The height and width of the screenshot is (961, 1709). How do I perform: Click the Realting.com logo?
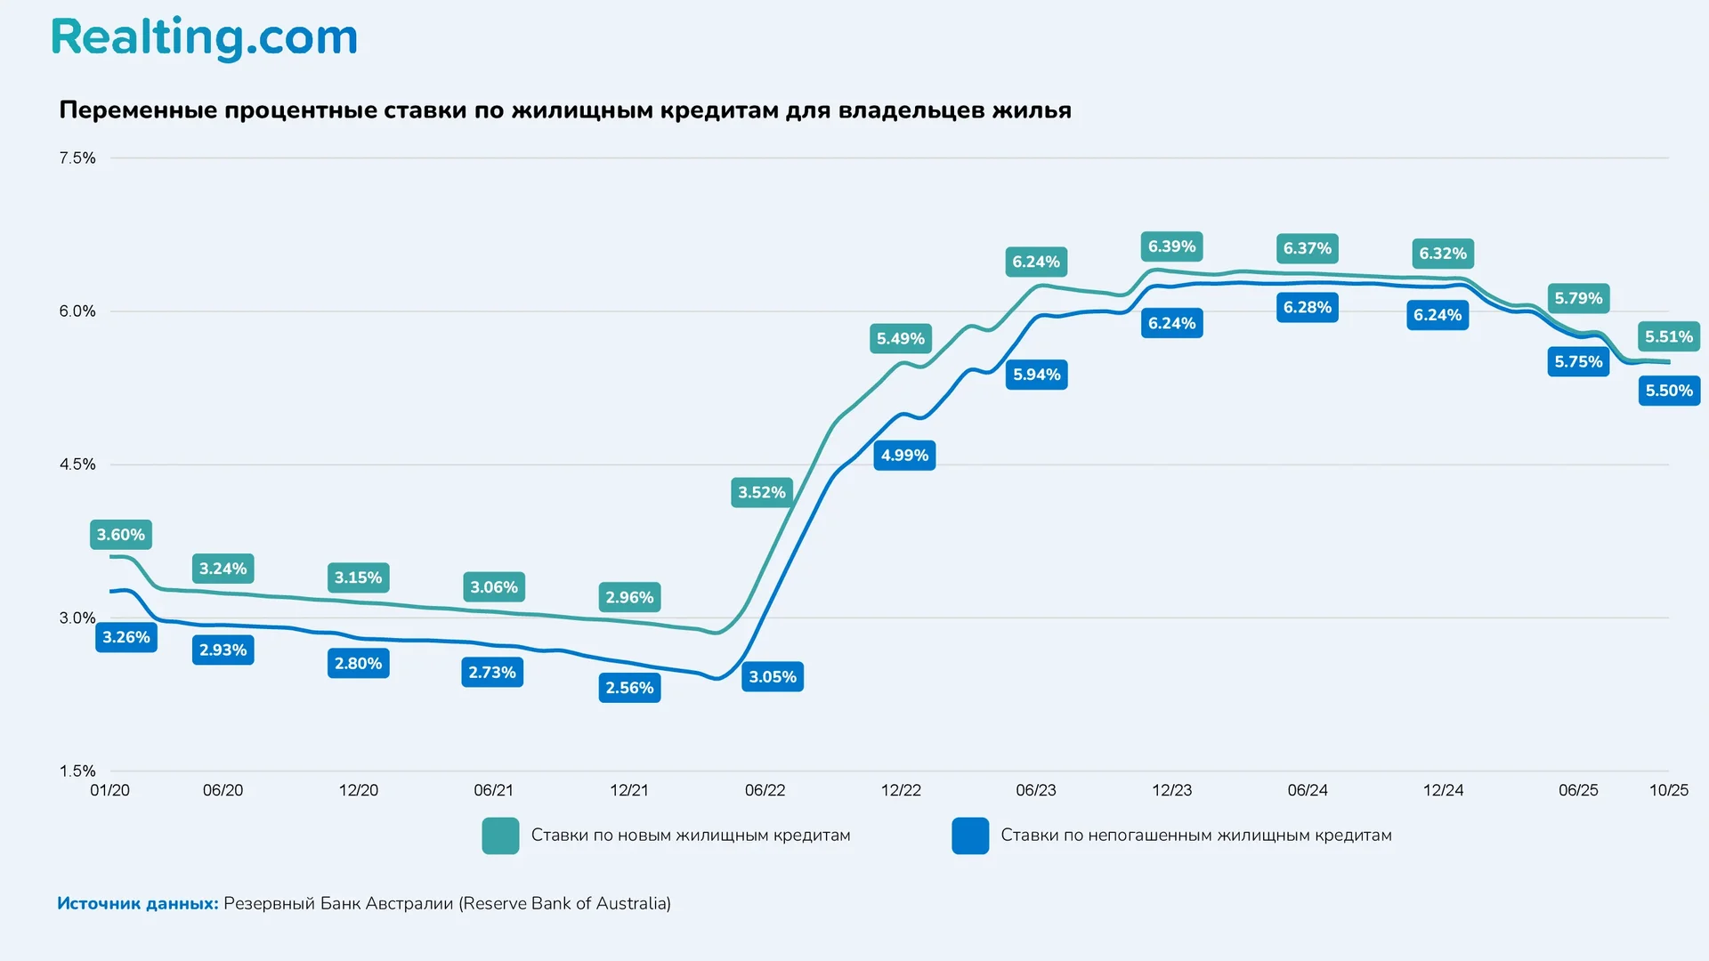(204, 38)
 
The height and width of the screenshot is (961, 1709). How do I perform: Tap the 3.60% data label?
(121, 535)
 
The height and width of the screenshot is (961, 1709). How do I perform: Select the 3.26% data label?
(126, 637)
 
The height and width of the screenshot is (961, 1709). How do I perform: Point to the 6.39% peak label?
(1171, 246)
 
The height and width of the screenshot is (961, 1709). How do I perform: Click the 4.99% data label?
(904, 456)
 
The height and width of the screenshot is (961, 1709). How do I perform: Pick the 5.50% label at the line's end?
(1669, 391)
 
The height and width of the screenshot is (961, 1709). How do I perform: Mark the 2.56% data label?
(629, 688)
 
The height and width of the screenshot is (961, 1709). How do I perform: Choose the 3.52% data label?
(762, 492)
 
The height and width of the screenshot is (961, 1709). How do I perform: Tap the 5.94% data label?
(1037, 375)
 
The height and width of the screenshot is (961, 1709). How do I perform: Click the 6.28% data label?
(1307, 308)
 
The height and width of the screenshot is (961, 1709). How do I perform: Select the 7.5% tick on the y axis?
(77, 158)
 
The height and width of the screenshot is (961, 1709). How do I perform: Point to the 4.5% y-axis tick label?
(77, 464)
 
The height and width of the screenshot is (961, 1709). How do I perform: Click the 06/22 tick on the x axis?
(765, 790)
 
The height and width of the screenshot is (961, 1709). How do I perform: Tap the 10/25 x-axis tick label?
(1668, 790)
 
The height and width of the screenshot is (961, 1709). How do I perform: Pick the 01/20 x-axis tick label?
(110, 790)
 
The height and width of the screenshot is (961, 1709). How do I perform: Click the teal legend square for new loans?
(500, 836)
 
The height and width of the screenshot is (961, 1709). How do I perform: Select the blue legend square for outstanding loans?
(970, 836)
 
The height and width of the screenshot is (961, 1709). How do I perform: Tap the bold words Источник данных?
(138, 903)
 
